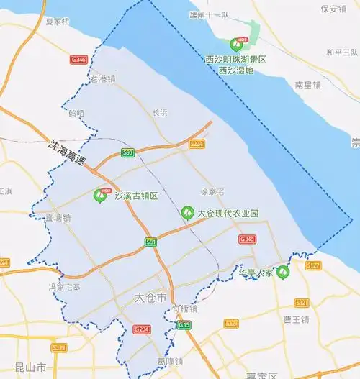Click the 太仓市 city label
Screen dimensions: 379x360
[150, 297]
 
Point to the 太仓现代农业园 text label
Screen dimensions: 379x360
[228, 214]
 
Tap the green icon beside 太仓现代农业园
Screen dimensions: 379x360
[187, 213]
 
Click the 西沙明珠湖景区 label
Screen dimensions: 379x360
[235, 60]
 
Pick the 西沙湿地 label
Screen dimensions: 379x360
[235, 70]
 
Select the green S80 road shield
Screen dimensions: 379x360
[127, 152]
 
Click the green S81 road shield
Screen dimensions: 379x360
[150, 242]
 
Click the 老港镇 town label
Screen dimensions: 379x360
[102, 78]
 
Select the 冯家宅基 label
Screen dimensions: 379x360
[64, 286]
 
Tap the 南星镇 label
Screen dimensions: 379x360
[307, 85]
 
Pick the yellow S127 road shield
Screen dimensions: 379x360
[312, 265]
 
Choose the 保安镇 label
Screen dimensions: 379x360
[334, 9]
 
